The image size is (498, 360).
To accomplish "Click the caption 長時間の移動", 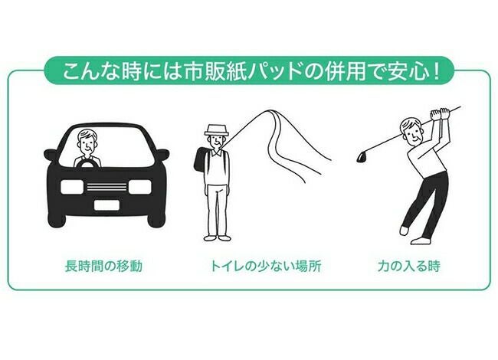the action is point(103,266).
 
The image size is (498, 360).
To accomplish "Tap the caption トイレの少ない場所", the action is point(266,266).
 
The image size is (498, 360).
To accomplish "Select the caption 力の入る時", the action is point(409,266).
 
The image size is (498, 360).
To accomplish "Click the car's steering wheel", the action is point(87,163).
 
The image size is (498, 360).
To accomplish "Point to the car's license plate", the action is point(106,205).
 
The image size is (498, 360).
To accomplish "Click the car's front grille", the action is point(106,187).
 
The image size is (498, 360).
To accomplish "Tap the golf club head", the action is point(361,157).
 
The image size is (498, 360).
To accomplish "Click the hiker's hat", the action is point(217,130).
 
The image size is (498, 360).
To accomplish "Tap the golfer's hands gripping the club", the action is point(440,114).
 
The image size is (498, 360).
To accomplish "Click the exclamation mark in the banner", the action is point(437,71).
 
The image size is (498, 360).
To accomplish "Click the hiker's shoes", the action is point(217,237).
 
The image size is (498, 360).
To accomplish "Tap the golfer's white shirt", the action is point(427,157).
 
